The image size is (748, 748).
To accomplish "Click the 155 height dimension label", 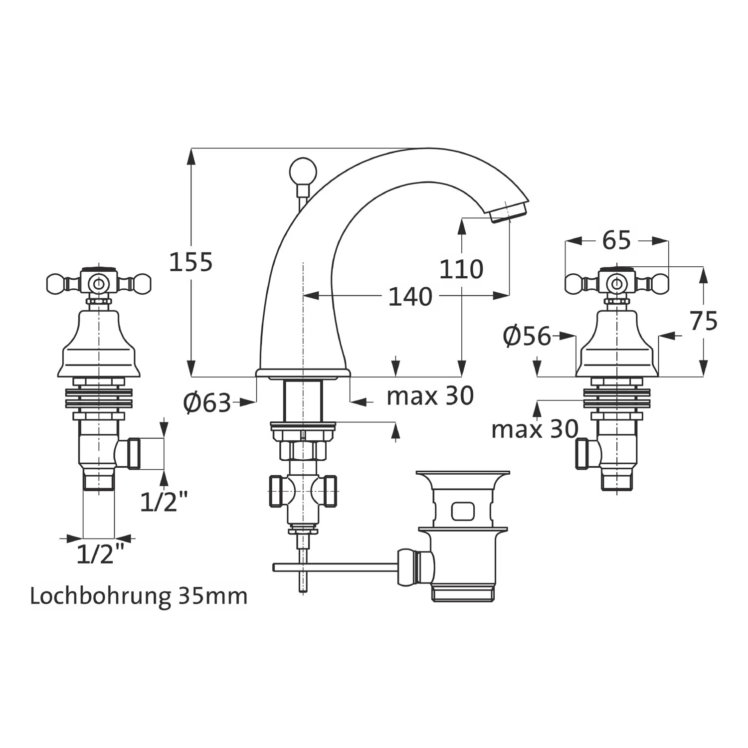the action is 191,262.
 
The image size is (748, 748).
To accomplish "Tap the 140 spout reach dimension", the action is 410,297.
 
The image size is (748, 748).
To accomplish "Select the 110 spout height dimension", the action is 461,270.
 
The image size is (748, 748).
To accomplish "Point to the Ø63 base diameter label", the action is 207,403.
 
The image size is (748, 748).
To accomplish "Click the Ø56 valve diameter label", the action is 527,336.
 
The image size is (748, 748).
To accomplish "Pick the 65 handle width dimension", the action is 616,241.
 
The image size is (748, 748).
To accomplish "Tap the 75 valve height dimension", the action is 704,321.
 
